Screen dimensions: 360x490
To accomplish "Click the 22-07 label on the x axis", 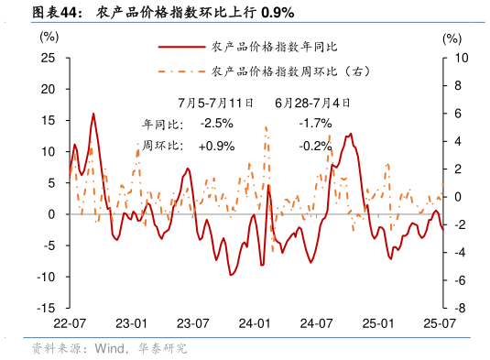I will click(x=70, y=324).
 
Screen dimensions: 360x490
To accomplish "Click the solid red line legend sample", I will click(x=180, y=46).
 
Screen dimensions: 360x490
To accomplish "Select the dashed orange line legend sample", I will click(x=180, y=71).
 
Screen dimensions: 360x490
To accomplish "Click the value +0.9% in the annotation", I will click(x=216, y=146).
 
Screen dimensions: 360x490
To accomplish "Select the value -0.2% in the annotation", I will click(x=315, y=146).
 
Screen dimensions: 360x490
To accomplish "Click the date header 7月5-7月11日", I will click(x=215, y=103).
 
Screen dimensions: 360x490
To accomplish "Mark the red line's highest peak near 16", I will click(x=93, y=115).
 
